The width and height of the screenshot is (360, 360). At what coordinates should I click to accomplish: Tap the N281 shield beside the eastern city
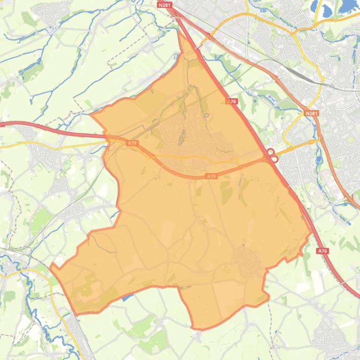pos(311,113)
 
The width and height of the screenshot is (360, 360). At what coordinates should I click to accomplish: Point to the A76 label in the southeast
pos(322,251)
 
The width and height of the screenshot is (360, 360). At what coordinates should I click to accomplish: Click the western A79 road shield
pos(132,143)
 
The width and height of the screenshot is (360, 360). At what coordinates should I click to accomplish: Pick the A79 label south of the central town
pos(212,176)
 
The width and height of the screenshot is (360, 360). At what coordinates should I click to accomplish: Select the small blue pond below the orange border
pos(125,298)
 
